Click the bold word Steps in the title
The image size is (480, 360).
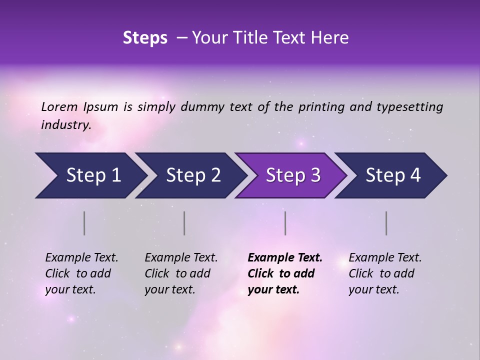(145, 38)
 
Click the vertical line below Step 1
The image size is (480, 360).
(84, 223)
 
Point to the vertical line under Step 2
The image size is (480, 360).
(184, 223)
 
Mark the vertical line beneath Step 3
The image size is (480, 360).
(285, 223)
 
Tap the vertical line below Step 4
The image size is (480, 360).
(386, 223)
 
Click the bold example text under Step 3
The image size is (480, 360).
(284, 273)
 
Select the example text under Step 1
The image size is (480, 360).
(81, 273)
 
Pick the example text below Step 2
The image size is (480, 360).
(180, 273)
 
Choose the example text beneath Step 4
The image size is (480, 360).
(384, 273)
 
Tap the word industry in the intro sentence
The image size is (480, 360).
(66, 125)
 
